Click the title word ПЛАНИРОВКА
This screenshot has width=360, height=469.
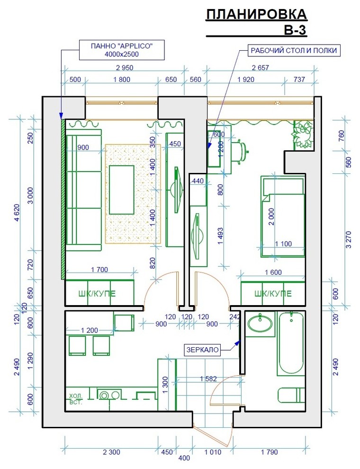(256, 14)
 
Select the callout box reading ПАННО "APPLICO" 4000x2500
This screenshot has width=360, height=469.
(122, 50)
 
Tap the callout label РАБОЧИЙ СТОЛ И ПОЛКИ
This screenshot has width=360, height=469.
(294, 50)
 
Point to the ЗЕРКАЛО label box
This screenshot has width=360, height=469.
(202, 350)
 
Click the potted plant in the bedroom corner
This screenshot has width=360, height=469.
(303, 135)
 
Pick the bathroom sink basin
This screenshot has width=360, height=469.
(260, 324)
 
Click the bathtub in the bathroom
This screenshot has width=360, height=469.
(291, 343)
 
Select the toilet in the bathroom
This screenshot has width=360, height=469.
(291, 396)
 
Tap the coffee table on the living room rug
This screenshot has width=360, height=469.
(121, 190)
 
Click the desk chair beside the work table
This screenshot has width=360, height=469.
(240, 151)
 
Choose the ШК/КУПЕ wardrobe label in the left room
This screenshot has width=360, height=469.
(97, 293)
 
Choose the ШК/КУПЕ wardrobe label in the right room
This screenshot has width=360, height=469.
(273, 293)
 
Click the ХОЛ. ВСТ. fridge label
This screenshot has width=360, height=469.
(76, 399)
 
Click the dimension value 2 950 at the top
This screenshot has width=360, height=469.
(125, 68)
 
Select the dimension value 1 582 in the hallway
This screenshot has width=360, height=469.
(208, 379)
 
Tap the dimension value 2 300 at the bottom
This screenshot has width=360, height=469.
(111, 452)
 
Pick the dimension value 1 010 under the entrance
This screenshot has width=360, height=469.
(213, 452)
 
